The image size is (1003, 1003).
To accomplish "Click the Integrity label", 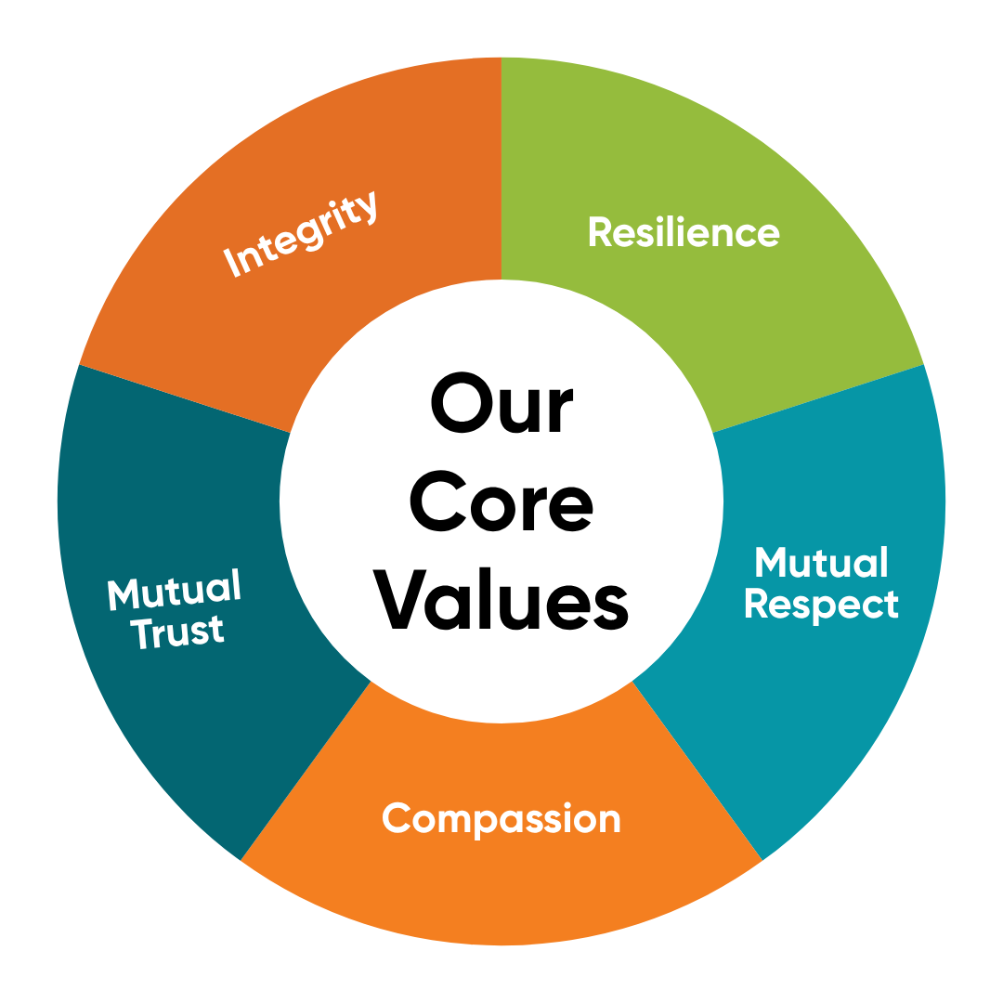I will pyautogui.click(x=303, y=233).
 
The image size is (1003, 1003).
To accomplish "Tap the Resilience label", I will pyautogui.click(x=684, y=232).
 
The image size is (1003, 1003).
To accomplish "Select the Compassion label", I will pyautogui.click(x=501, y=819).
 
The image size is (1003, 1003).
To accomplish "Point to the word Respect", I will pyautogui.click(x=821, y=605).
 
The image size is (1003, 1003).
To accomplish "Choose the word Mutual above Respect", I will pyautogui.click(x=821, y=563).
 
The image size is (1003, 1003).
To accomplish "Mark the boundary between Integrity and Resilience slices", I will pyautogui.click(x=501, y=167).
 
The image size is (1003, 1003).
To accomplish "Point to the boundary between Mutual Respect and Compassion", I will pyautogui.click(x=697, y=772).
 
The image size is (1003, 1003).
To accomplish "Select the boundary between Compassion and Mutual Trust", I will pyautogui.click(x=306, y=772).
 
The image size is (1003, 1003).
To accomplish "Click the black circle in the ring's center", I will pyautogui.click(x=501, y=501).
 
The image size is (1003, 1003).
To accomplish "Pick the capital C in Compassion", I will pyautogui.click(x=397, y=819).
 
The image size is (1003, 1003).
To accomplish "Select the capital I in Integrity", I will pyautogui.click(x=232, y=265).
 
